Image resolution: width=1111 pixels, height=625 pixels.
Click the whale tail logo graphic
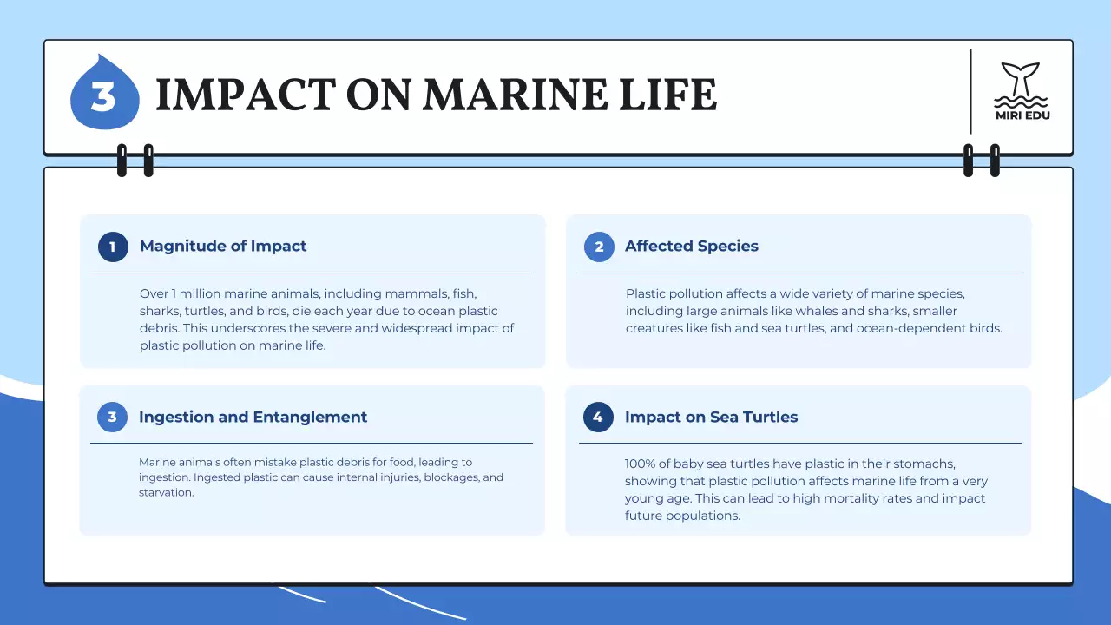point(1022,80)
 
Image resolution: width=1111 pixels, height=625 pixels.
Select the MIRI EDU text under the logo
point(1022,115)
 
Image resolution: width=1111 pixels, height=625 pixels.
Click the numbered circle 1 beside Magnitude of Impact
point(113,247)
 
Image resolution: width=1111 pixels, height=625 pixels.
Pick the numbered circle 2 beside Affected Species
point(599,247)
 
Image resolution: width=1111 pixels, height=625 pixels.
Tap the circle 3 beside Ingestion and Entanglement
point(112,418)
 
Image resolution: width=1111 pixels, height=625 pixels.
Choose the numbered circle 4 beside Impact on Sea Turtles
point(598,418)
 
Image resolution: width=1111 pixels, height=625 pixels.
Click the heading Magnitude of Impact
point(223,247)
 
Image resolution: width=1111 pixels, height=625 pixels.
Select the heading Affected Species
point(692,247)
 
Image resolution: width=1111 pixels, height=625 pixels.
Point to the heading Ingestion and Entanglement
point(253,418)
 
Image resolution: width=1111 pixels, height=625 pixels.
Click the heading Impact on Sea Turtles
point(711,418)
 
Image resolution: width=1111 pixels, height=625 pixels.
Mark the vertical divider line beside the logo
point(970,91)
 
